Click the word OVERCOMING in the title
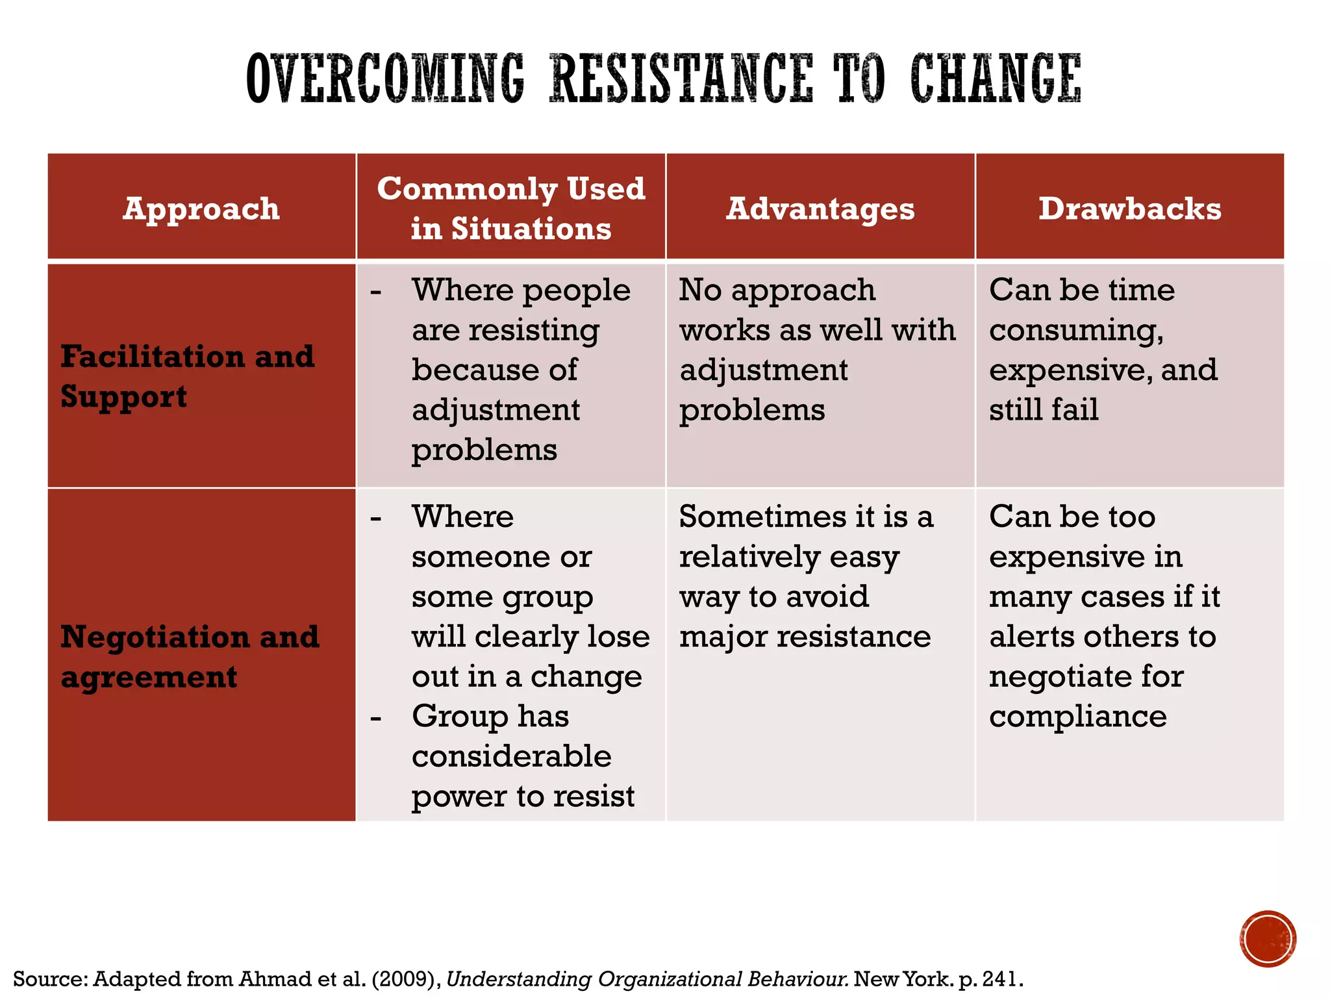(x=385, y=79)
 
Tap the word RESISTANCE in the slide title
(x=681, y=79)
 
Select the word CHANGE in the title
(x=996, y=79)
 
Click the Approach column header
(x=201, y=209)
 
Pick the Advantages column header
(x=820, y=209)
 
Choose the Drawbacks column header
(x=1129, y=209)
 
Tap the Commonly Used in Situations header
(x=511, y=209)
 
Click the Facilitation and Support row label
(x=188, y=376)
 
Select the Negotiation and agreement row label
(x=190, y=656)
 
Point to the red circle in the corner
(x=1268, y=939)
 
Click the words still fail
(x=1044, y=410)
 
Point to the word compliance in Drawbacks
(x=1078, y=717)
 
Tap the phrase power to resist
(x=523, y=797)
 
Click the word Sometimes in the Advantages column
(x=762, y=517)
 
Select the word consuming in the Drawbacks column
(x=1075, y=330)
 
